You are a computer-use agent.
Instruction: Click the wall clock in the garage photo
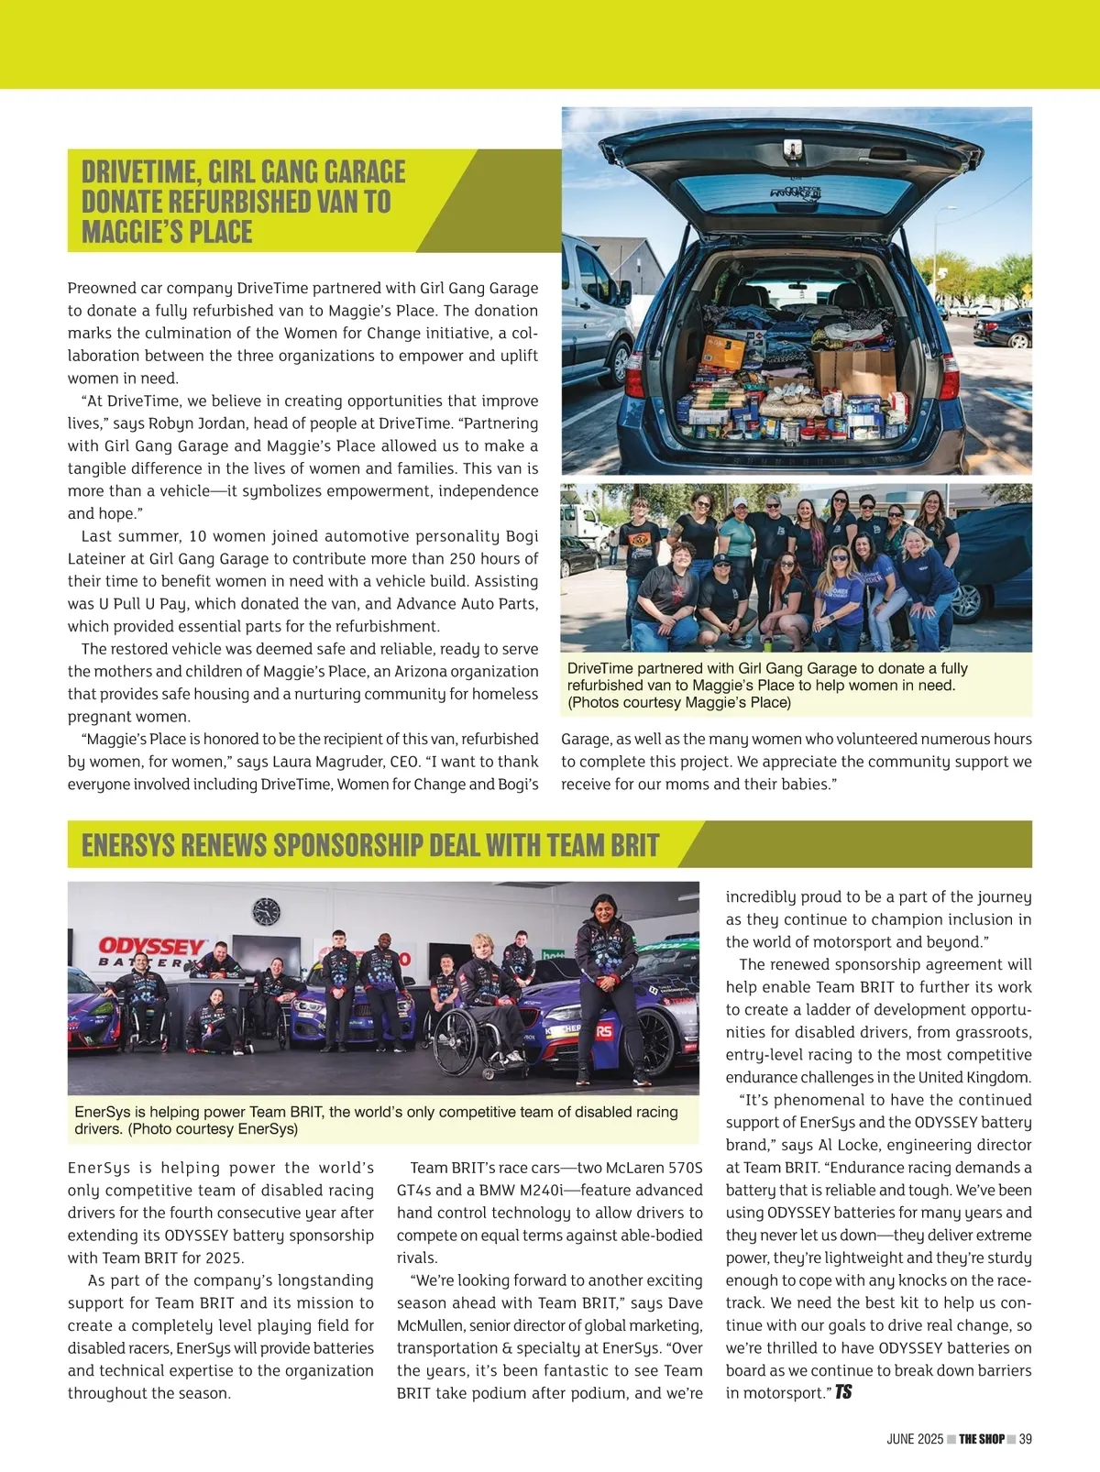pyautogui.click(x=266, y=911)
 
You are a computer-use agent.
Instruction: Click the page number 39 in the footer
pyautogui.click(x=1025, y=1439)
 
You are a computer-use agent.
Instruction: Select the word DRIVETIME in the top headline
pyautogui.click(x=138, y=171)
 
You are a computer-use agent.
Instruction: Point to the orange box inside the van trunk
pyautogui.click(x=725, y=351)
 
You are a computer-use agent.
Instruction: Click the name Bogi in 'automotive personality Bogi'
pyautogui.click(x=522, y=536)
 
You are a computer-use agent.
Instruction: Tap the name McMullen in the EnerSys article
pyautogui.click(x=431, y=1325)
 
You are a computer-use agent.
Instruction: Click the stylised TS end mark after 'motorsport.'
pyautogui.click(x=843, y=1392)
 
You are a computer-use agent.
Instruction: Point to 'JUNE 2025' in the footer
pyautogui.click(x=914, y=1439)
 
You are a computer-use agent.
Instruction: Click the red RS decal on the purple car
pyautogui.click(x=604, y=1031)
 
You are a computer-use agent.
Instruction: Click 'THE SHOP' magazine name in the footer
pyautogui.click(x=982, y=1439)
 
